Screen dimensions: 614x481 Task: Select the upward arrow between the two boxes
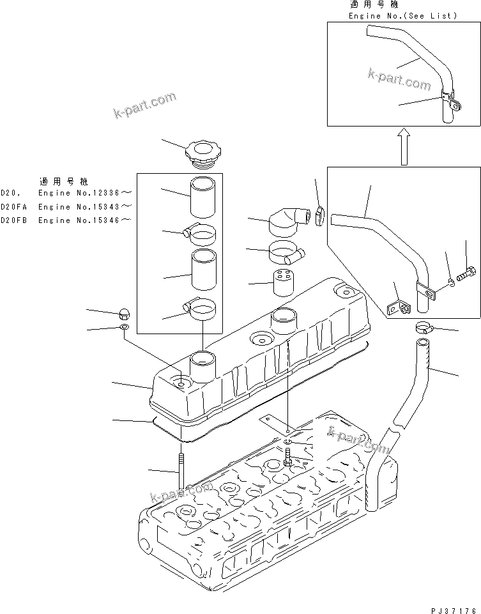coord(402,145)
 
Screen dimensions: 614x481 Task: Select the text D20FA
coord(13,206)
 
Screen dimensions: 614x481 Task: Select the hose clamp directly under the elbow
coord(286,253)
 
